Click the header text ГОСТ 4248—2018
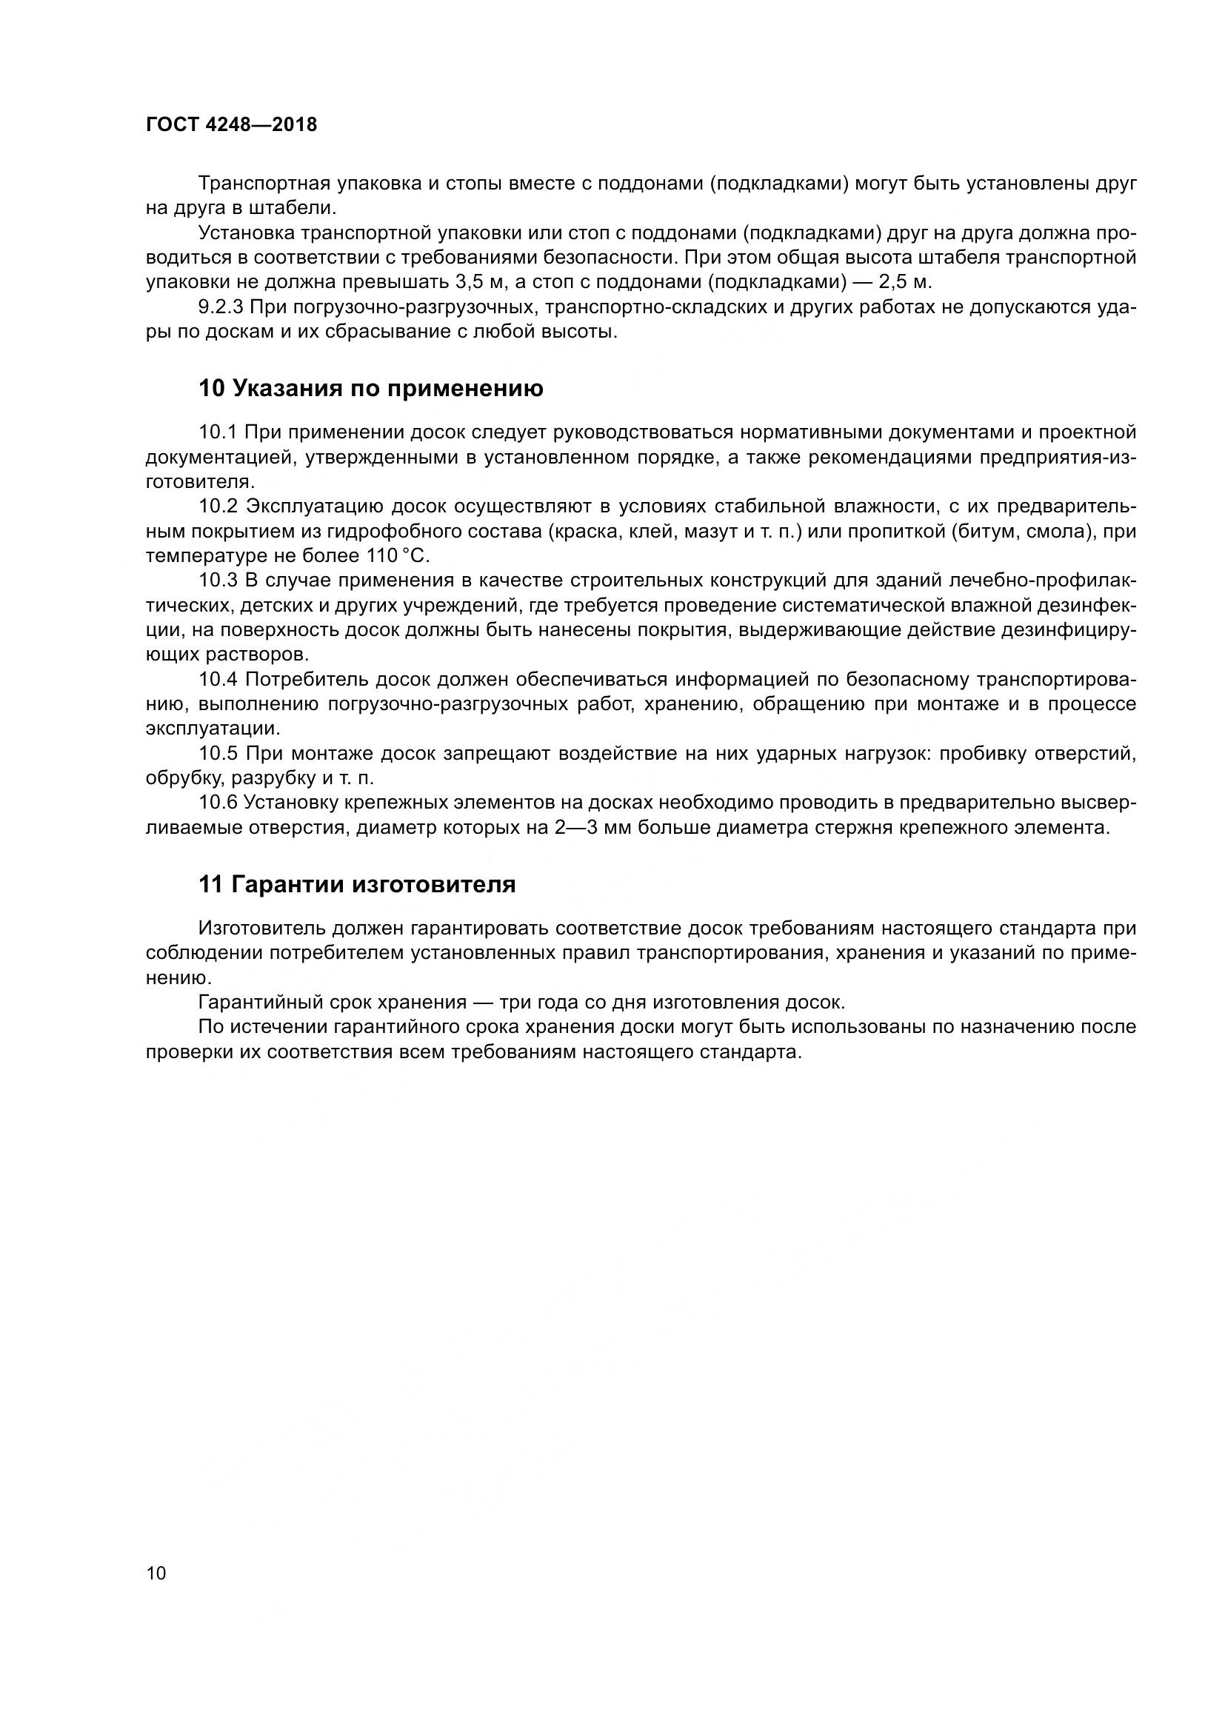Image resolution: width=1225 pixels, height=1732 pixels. [x=231, y=125]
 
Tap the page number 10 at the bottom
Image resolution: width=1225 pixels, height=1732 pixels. [x=156, y=1573]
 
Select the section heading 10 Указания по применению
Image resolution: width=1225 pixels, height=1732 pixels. [x=370, y=389]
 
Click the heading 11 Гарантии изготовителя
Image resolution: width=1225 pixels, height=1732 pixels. [x=357, y=884]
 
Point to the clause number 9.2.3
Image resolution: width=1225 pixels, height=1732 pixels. [x=220, y=307]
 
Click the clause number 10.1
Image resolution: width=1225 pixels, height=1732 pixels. [x=218, y=432]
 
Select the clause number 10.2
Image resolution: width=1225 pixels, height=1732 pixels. [x=218, y=506]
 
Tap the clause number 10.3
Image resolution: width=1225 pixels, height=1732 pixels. [x=218, y=580]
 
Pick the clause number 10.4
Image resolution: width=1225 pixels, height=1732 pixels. [x=218, y=680]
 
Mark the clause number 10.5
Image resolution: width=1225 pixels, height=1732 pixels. [x=218, y=754]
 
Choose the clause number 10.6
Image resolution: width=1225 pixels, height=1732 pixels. [x=218, y=803]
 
